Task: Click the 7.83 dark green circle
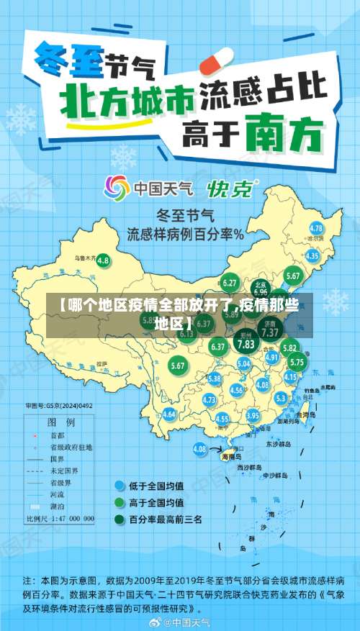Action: [x=246, y=344]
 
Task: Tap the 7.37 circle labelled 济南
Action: [x=270, y=333]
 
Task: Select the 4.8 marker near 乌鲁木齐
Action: [x=103, y=260]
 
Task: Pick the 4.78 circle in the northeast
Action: [x=316, y=229]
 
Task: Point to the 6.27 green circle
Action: [x=230, y=283]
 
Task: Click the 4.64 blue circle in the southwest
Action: [x=169, y=414]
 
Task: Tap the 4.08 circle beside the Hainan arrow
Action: [x=199, y=448]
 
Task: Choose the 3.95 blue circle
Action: [x=253, y=416]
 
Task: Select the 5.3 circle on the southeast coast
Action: [x=281, y=397]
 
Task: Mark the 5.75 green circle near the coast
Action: [x=297, y=363]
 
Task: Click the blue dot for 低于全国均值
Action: [x=119, y=486]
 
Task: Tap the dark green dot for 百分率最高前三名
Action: [x=119, y=519]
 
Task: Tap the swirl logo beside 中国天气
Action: [x=117, y=189]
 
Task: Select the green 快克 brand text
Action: [x=231, y=189]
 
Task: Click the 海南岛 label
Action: [x=230, y=455]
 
